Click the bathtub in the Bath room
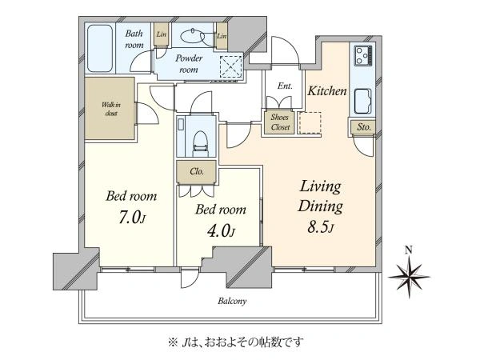(100, 48)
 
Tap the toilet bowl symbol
(200, 143)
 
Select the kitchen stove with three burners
(363, 55)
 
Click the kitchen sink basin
(363, 102)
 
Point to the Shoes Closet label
(280, 122)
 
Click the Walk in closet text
(111, 109)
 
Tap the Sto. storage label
(364, 126)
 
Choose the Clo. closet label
(197, 172)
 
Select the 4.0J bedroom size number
(221, 231)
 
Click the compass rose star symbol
(410, 277)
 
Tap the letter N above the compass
(408, 250)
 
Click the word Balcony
(232, 302)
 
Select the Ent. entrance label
(285, 86)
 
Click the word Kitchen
(327, 90)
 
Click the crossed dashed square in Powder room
(231, 66)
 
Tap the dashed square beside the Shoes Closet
(310, 123)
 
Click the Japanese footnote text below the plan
(235, 342)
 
